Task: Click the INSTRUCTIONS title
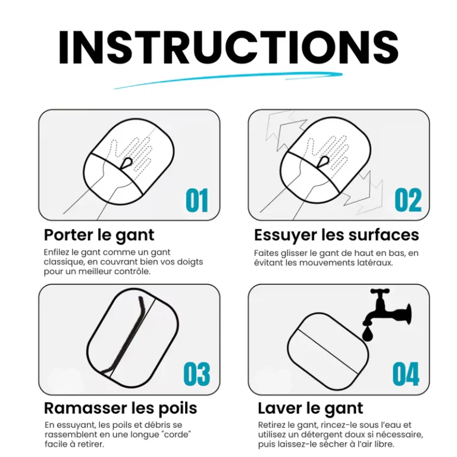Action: point(228,46)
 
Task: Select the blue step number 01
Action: point(197,201)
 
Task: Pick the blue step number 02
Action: point(408,201)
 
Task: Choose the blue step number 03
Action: point(196,374)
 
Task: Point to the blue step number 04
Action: point(406,374)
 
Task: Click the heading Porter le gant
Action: point(99,235)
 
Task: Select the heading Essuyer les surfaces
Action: point(336,235)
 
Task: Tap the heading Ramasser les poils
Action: point(120,408)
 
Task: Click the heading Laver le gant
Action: point(310,408)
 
